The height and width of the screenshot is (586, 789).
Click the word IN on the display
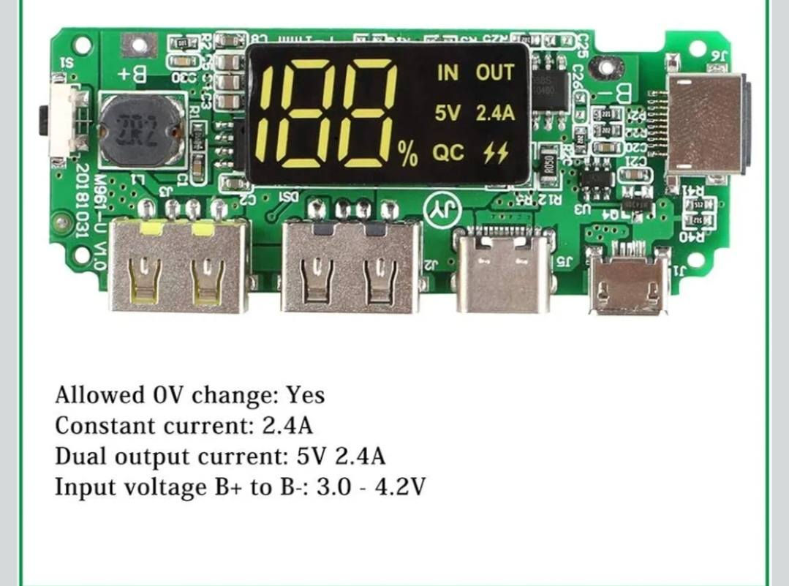click(448, 72)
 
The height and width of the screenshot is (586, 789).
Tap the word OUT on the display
click(495, 72)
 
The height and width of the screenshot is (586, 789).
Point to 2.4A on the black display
click(495, 113)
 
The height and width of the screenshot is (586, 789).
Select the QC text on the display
click(448, 153)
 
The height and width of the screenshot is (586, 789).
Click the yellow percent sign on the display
click(407, 154)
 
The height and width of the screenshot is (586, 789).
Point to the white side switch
click(64, 121)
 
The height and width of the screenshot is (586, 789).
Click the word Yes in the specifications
click(305, 395)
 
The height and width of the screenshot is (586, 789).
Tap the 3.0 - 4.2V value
click(370, 487)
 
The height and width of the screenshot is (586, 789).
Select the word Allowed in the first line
click(90, 395)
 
